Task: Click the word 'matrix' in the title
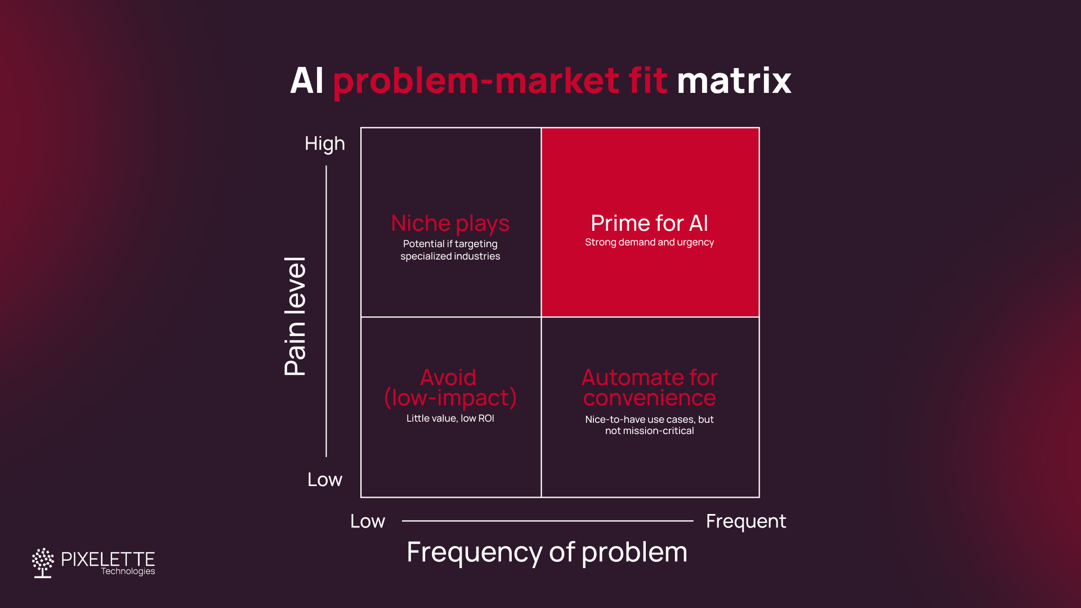pyautogui.click(x=734, y=81)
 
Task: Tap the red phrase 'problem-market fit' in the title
pyautogui.click(x=500, y=81)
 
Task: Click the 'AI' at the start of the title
pyautogui.click(x=307, y=81)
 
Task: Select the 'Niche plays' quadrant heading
pyautogui.click(x=450, y=223)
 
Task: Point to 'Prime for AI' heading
pyautogui.click(x=649, y=223)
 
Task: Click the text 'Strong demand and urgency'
pyautogui.click(x=649, y=242)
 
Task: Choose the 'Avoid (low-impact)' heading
pyautogui.click(x=450, y=387)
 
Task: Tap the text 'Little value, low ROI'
pyautogui.click(x=450, y=418)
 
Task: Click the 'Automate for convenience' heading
pyautogui.click(x=649, y=387)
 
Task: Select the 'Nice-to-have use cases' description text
pyautogui.click(x=649, y=425)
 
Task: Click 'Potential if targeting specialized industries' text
pyautogui.click(x=450, y=250)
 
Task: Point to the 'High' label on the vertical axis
pyautogui.click(x=324, y=144)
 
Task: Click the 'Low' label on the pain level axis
pyautogui.click(x=324, y=480)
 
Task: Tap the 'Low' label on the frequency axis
pyautogui.click(x=368, y=521)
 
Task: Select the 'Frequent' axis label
pyautogui.click(x=745, y=521)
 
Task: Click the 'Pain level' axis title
pyautogui.click(x=295, y=316)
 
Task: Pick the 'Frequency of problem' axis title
pyautogui.click(x=547, y=552)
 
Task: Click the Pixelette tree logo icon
pyautogui.click(x=43, y=562)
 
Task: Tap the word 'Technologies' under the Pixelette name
pyautogui.click(x=128, y=571)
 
